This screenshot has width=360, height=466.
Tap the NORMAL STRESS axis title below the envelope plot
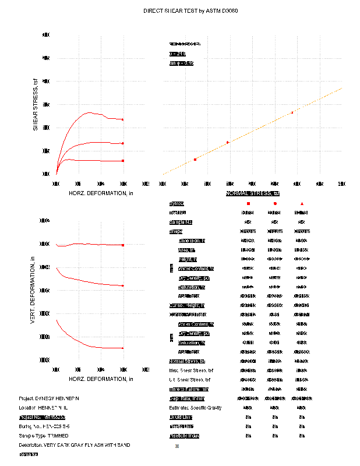[x=253, y=193]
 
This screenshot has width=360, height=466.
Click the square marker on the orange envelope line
[x=195, y=159]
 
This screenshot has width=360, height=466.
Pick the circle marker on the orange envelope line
[x=228, y=142]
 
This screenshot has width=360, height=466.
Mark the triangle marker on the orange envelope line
[x=292, y=112]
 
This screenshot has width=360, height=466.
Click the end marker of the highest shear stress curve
[x=123, y=119]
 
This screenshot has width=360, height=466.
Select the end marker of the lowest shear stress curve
[x=123, y=160]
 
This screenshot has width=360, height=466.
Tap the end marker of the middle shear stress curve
[x=123, y=143]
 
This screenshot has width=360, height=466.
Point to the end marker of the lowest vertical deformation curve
[x=123, y=348]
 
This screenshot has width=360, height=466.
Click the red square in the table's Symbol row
[x=248, y=203]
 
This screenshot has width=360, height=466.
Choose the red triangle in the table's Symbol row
[x=302, y=203]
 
